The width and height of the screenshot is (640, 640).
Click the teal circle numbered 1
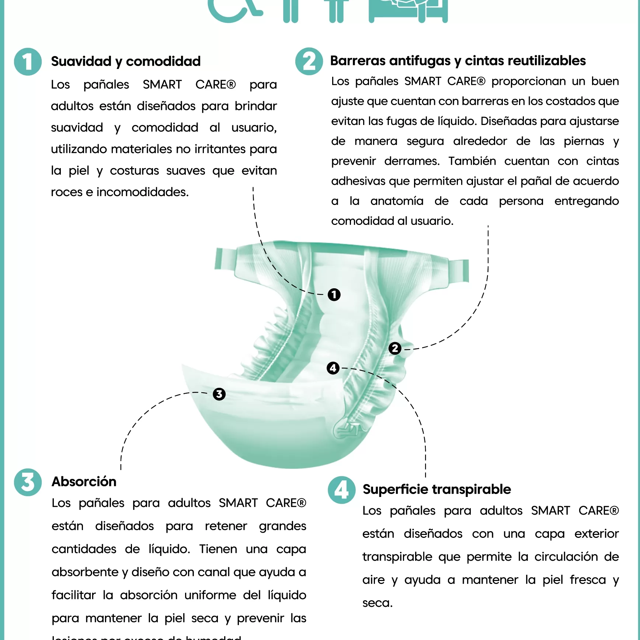coord(28,62)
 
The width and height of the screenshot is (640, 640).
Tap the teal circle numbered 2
coord(309,61)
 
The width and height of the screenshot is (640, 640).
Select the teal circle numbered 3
coord(28,482)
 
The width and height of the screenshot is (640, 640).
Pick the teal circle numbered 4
coord(341,490)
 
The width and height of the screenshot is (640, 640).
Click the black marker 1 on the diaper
coord(334,295)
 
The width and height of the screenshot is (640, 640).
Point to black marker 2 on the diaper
coord(395,348)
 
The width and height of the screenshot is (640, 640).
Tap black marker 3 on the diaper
coord(219,394)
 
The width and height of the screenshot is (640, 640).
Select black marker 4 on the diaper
coord(333,368)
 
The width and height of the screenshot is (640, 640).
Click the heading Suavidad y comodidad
coord(126,61)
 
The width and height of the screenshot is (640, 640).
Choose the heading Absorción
coord(84,481)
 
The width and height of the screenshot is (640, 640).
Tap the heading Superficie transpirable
coord(436,489)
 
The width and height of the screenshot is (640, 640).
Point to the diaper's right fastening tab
coord(458,271)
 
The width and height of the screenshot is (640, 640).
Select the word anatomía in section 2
coord(397,201)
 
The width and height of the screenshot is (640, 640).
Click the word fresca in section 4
coord(588,580)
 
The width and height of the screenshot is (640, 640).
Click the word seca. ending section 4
coord(377,603)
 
